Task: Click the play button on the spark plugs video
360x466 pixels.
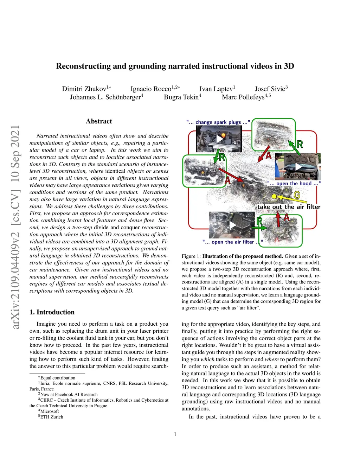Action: tap(220, 139)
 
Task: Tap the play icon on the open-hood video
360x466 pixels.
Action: tap(298, 167)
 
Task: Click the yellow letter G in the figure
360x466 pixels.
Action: tap(297, 195)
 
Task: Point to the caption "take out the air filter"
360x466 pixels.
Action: tap(289, 207)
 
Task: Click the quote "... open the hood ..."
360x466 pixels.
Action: tap(294, 183)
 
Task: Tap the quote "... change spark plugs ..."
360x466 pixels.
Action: tap(218, 122)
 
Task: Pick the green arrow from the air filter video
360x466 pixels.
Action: tap(260, 228)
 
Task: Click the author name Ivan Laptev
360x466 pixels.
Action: tap(217, 89)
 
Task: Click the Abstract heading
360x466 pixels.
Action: tap(99, 121)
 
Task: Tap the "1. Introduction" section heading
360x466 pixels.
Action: tap(52, 312)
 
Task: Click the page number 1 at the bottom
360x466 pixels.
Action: tap(175, 434)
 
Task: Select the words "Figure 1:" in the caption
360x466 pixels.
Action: tap(191, 256)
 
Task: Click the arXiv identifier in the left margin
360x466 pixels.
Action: tap(15, 227)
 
